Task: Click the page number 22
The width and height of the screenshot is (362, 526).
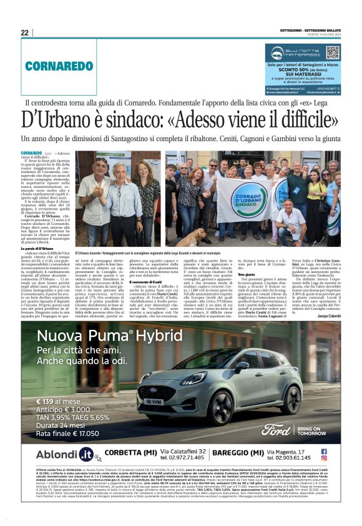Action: [x=24, y=32]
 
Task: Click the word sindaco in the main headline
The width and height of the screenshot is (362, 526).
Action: [x=140, y=119]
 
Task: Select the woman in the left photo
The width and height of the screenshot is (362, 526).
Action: [x=148, y=200]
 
